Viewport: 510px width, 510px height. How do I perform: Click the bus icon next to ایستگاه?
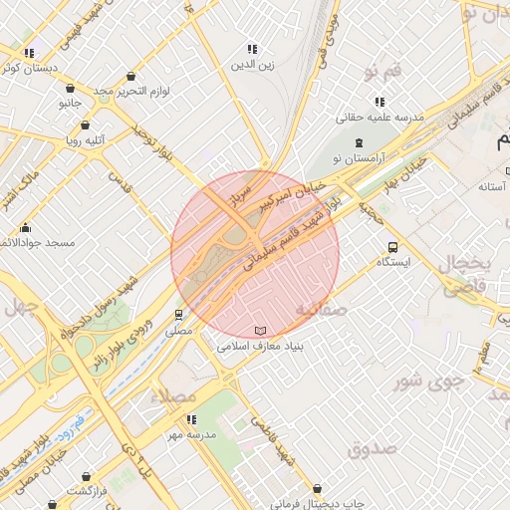point(391,247)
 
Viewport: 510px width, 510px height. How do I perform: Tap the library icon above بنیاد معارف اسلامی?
point(260,330)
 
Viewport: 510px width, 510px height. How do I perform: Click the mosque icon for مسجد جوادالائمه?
point(24,227)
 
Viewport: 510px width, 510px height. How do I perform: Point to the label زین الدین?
point(252,65)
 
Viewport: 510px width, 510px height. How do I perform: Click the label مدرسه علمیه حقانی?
point(380,117)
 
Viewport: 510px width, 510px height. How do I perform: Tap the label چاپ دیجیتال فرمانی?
point(317,503)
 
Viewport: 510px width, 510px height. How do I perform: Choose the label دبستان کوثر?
point(29,68)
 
